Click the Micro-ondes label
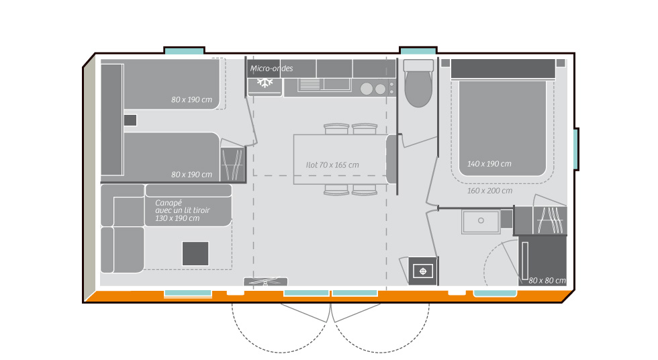click(272, 69)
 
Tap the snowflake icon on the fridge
click(265, 83)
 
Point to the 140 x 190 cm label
click(489, 164)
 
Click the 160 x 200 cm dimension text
click(489, 190)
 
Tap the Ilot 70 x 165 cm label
click(332, 165)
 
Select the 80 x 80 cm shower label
click(547, 280)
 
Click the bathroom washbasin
click(481, 221)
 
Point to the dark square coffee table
click(195, 253)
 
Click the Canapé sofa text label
click(181, 210)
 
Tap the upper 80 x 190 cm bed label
click(192, 100)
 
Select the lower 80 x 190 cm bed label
click(192, 175)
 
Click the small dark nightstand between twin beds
click(130, 120)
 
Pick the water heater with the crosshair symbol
click(423, 271)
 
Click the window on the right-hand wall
click(575, 149)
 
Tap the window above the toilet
click(418, 51)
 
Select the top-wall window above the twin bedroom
click(184, 51)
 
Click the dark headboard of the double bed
click(503, 69)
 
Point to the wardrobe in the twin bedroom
click(234, 161)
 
